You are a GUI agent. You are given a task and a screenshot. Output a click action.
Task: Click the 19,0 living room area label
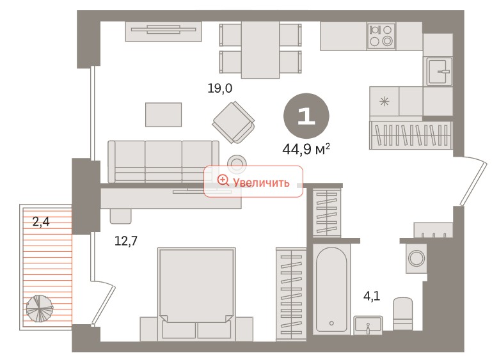point(220,88)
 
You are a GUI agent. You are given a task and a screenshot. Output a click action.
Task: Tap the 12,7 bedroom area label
point(126,241)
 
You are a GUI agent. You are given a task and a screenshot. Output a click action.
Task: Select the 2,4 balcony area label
point(41,222)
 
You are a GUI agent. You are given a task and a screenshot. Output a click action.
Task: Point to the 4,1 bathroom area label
point(372,295)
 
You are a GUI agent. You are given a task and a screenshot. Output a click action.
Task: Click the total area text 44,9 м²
point(306,149)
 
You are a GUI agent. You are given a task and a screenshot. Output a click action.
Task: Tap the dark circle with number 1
point(306,116)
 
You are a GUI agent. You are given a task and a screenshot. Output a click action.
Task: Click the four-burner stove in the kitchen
point(381,36)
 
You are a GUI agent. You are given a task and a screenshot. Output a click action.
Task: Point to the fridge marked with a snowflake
point(385,101)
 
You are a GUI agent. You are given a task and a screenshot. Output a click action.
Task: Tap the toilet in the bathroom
point(403,313)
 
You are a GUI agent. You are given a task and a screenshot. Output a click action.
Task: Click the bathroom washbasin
point(368,324)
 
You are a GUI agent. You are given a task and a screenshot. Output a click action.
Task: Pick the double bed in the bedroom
point(197,294)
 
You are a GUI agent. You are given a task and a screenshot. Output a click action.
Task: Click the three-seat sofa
point(163,162)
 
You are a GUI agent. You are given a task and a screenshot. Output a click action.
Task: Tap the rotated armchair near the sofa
point(234,122)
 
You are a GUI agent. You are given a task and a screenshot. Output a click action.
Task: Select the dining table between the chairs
point(260,49)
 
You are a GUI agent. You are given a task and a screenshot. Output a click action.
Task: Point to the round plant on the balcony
point(40,308)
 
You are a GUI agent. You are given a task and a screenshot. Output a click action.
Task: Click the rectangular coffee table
point(164,114)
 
